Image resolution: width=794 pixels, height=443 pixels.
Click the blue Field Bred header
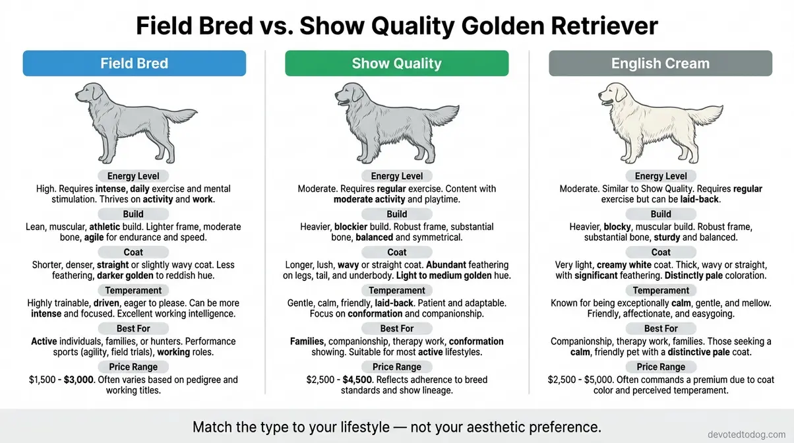click(135, 63)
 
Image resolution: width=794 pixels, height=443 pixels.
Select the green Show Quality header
click(396, 63)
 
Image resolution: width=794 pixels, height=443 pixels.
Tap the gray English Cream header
click(660, 63)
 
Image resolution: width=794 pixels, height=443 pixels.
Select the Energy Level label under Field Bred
click(133, 176)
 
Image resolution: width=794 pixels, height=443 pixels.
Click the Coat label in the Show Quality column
click(397, 252)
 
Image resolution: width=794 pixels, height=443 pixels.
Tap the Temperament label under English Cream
click(661, 290)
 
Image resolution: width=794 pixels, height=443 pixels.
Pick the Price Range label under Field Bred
click(133, 367)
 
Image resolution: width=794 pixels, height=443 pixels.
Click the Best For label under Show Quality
click(397, 328)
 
